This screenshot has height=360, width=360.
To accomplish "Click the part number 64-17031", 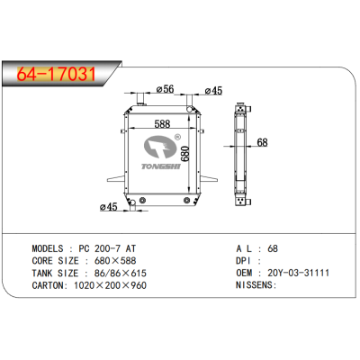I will pos(55,73).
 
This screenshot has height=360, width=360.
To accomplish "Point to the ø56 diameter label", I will pos(165,89).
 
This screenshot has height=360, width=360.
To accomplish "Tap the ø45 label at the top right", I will pos(214,90).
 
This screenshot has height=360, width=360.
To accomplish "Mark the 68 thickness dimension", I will pos(262,142).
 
